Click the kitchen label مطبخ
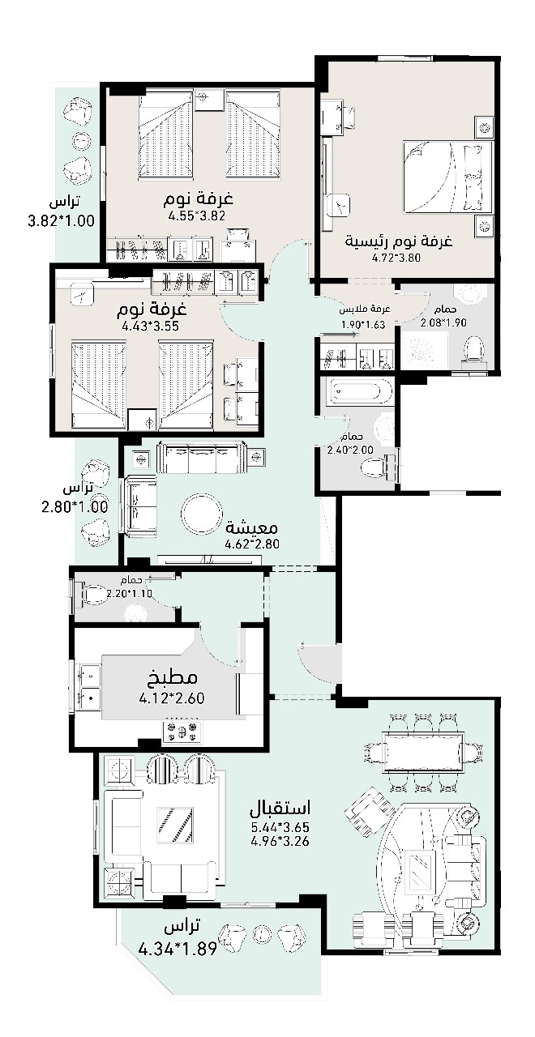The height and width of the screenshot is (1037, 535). (173, 677)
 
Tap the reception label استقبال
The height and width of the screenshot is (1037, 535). (280, 808)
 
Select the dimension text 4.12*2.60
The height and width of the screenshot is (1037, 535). (172, 698)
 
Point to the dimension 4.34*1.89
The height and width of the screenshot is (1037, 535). (178, 950)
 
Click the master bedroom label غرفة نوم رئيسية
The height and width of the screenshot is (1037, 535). (399, 241)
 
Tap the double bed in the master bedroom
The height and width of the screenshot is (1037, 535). (447, 177)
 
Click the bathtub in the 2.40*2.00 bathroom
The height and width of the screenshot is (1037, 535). (355, 390)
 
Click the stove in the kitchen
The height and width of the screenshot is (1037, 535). (182, 731)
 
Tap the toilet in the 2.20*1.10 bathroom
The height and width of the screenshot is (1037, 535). (93, 594)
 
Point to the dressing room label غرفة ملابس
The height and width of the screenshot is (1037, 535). (365, 309)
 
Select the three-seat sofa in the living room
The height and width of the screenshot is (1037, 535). (200, 458)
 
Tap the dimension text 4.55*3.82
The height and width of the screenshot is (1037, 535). (196, 216)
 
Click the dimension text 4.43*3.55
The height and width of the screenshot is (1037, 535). (150, 326)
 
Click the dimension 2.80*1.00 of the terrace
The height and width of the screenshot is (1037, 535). (75, 507)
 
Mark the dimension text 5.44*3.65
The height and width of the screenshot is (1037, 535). (280, 827)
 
